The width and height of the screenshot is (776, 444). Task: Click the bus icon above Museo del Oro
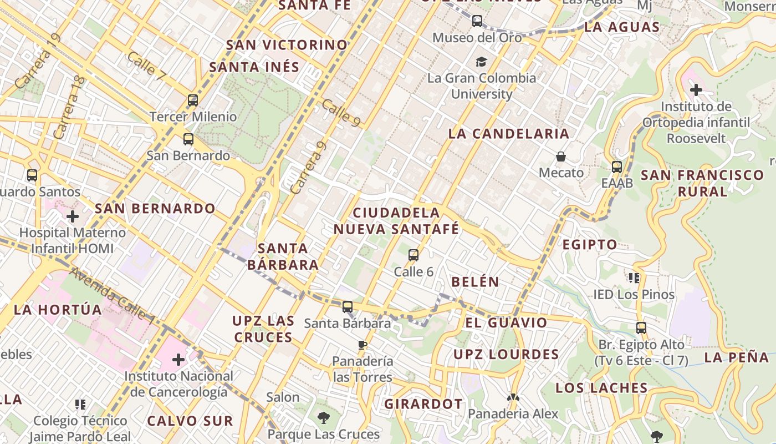pos(477,22)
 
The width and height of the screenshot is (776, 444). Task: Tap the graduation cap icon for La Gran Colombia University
pos(481,62)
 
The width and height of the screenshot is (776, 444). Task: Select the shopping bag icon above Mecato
pos(561,157)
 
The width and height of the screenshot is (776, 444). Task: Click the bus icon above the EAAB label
pos(616,167)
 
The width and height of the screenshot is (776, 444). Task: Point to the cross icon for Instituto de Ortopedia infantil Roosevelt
pos(696,89)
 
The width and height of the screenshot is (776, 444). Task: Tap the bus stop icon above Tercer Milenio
pos(192,100)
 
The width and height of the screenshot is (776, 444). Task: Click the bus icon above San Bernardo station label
pos(188,139)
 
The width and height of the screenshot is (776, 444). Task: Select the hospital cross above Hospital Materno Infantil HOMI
pos(72,216)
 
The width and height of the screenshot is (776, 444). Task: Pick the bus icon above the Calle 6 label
pos(413,255)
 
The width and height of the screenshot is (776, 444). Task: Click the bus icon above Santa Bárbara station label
pos(347,307)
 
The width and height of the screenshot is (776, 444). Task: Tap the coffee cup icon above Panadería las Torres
pos(363,345)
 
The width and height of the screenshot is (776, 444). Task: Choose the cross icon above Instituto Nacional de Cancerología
pos(178,360)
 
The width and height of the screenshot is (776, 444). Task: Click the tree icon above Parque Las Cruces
pos(323,417)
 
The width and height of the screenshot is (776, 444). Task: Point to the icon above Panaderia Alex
pos(513,397)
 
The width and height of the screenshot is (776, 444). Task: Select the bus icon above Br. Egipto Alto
pos(641,328)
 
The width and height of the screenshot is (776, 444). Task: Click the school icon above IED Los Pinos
pos(634,277)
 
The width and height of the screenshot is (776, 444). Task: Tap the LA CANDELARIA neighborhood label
pos(508,134)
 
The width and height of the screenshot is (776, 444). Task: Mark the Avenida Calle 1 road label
pos(113,296)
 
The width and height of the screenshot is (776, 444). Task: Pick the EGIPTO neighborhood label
pos(590,244)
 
